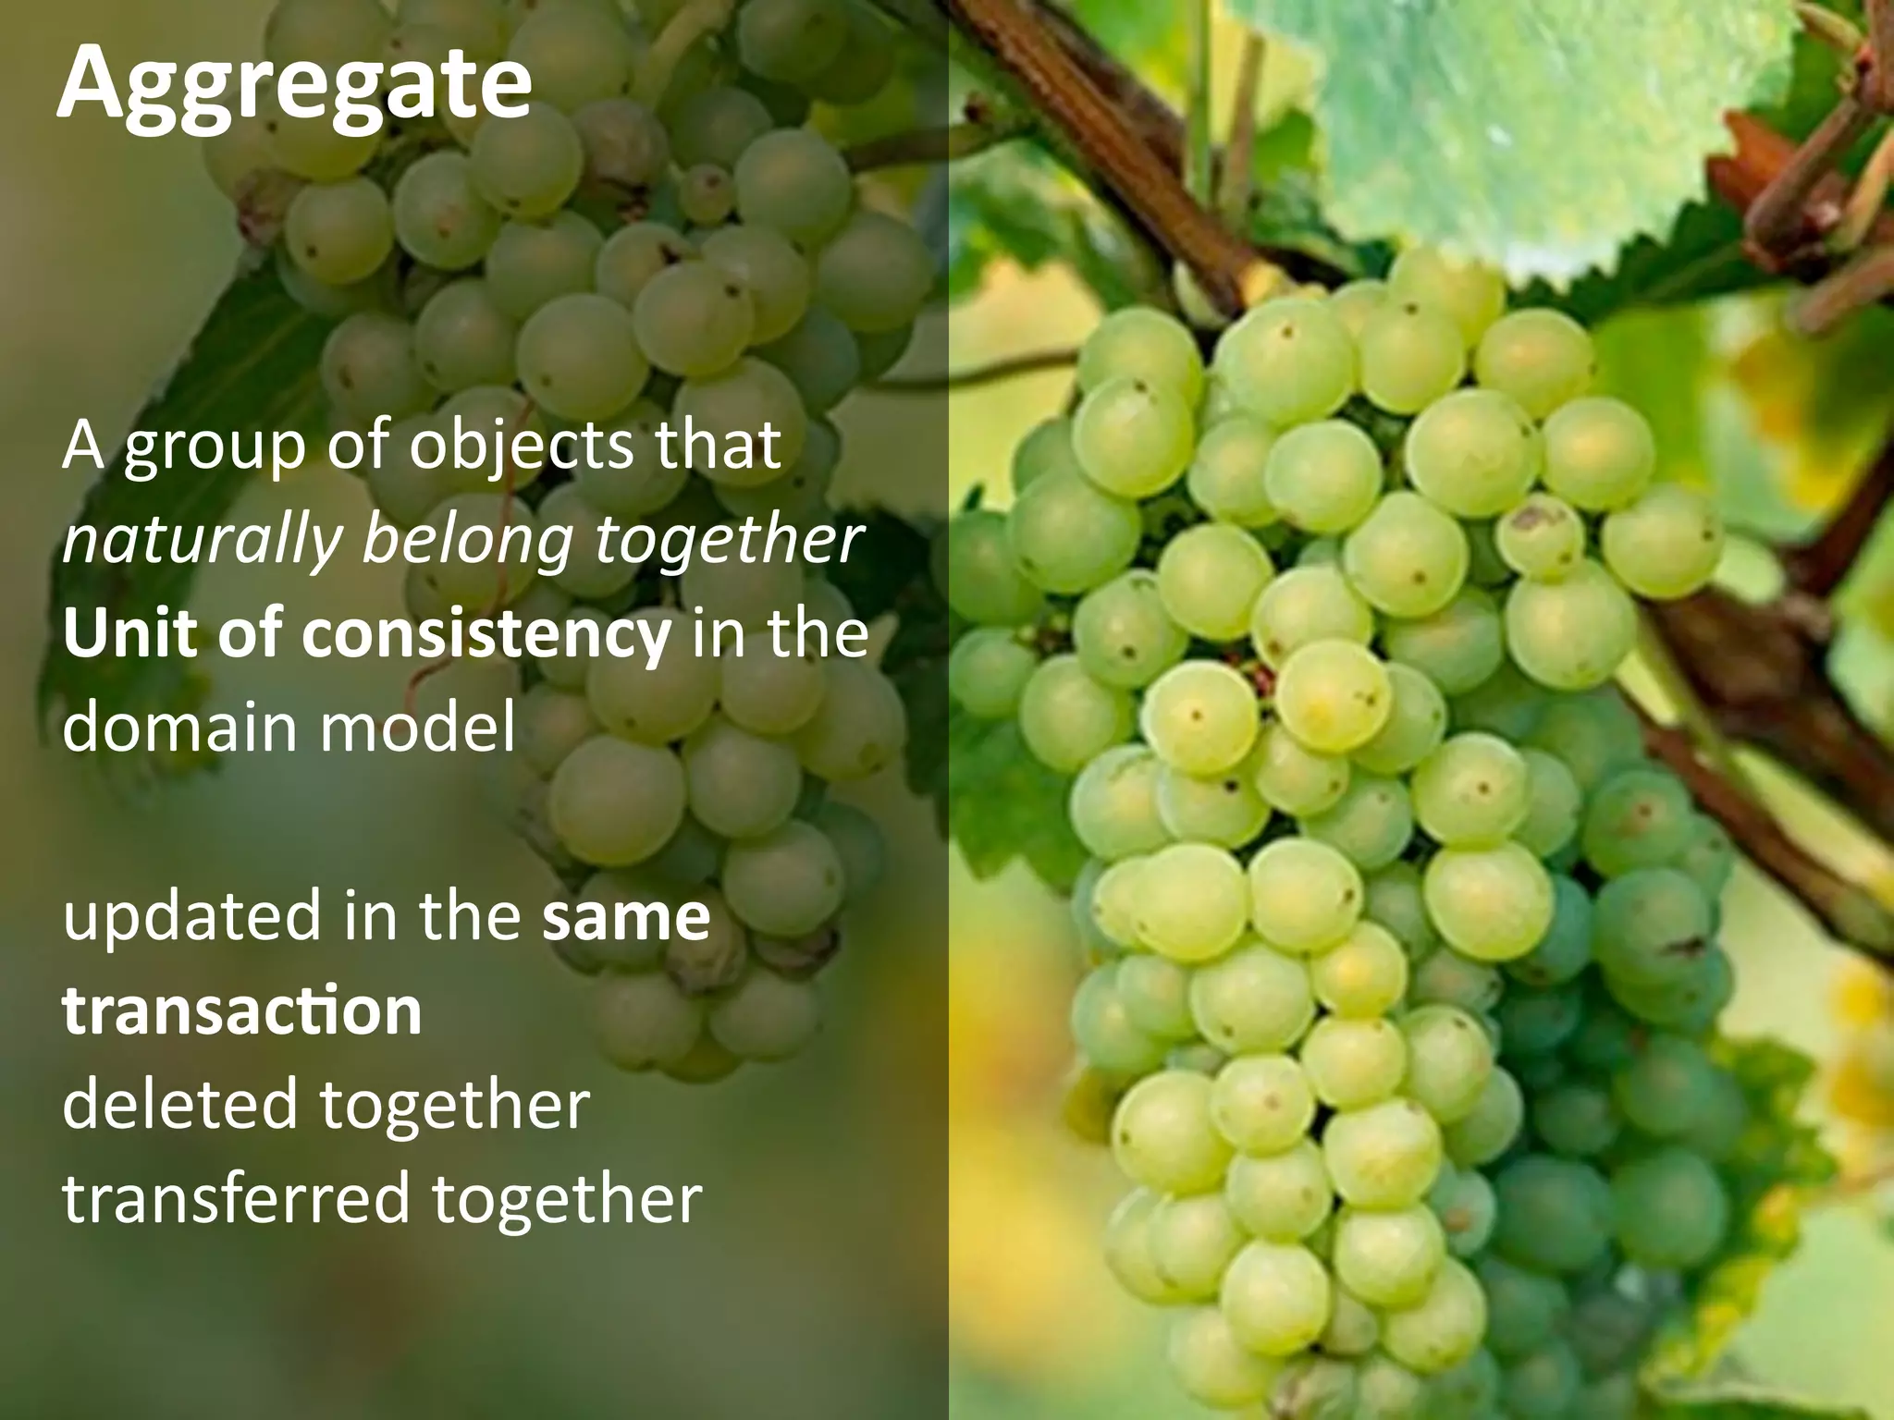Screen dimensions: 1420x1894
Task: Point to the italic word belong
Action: (x=467, y=542)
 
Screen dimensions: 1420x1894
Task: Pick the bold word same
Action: (x=626, y=917)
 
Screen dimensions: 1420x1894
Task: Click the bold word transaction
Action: (x=242, y=1010)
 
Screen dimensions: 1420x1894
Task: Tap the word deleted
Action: (x=179, y=1105)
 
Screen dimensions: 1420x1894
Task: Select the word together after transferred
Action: (x=567, y=1200)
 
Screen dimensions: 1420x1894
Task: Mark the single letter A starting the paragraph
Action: (x=82, y=446)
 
